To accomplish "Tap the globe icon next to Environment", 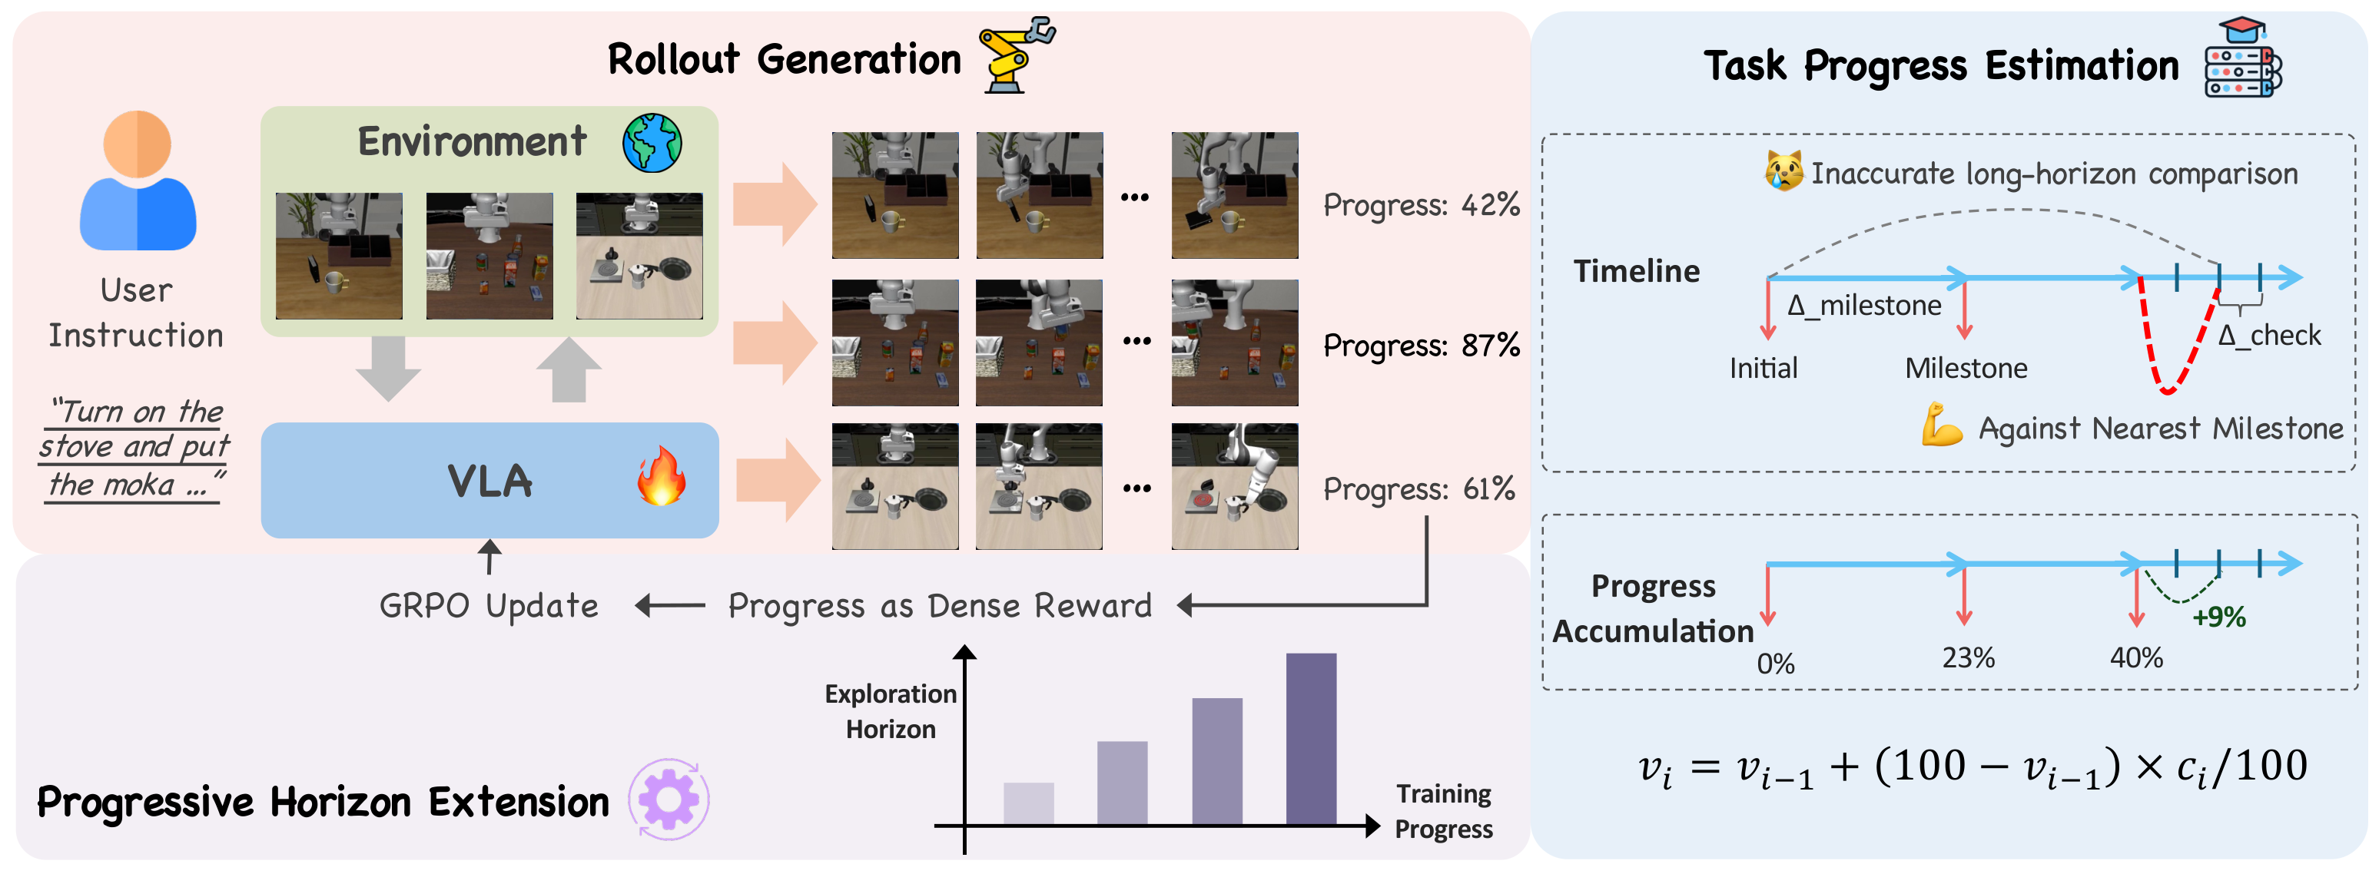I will [652, 143].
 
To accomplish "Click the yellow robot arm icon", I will [1016, 55].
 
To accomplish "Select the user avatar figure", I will [138, 182].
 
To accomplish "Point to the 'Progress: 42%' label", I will [1420, 205].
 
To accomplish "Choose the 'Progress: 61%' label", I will [1418, 489].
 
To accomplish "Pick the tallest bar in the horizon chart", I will [1310, 738].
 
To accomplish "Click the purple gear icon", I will [669, 800].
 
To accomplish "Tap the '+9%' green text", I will [2218, 617].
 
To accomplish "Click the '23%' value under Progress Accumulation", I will [1968, 658].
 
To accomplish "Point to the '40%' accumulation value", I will [2135, 658].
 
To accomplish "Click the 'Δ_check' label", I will [2269, 335].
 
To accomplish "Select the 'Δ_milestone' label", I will [1863, 306].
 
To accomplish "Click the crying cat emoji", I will [1783, 172].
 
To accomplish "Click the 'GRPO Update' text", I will [489, 607].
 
